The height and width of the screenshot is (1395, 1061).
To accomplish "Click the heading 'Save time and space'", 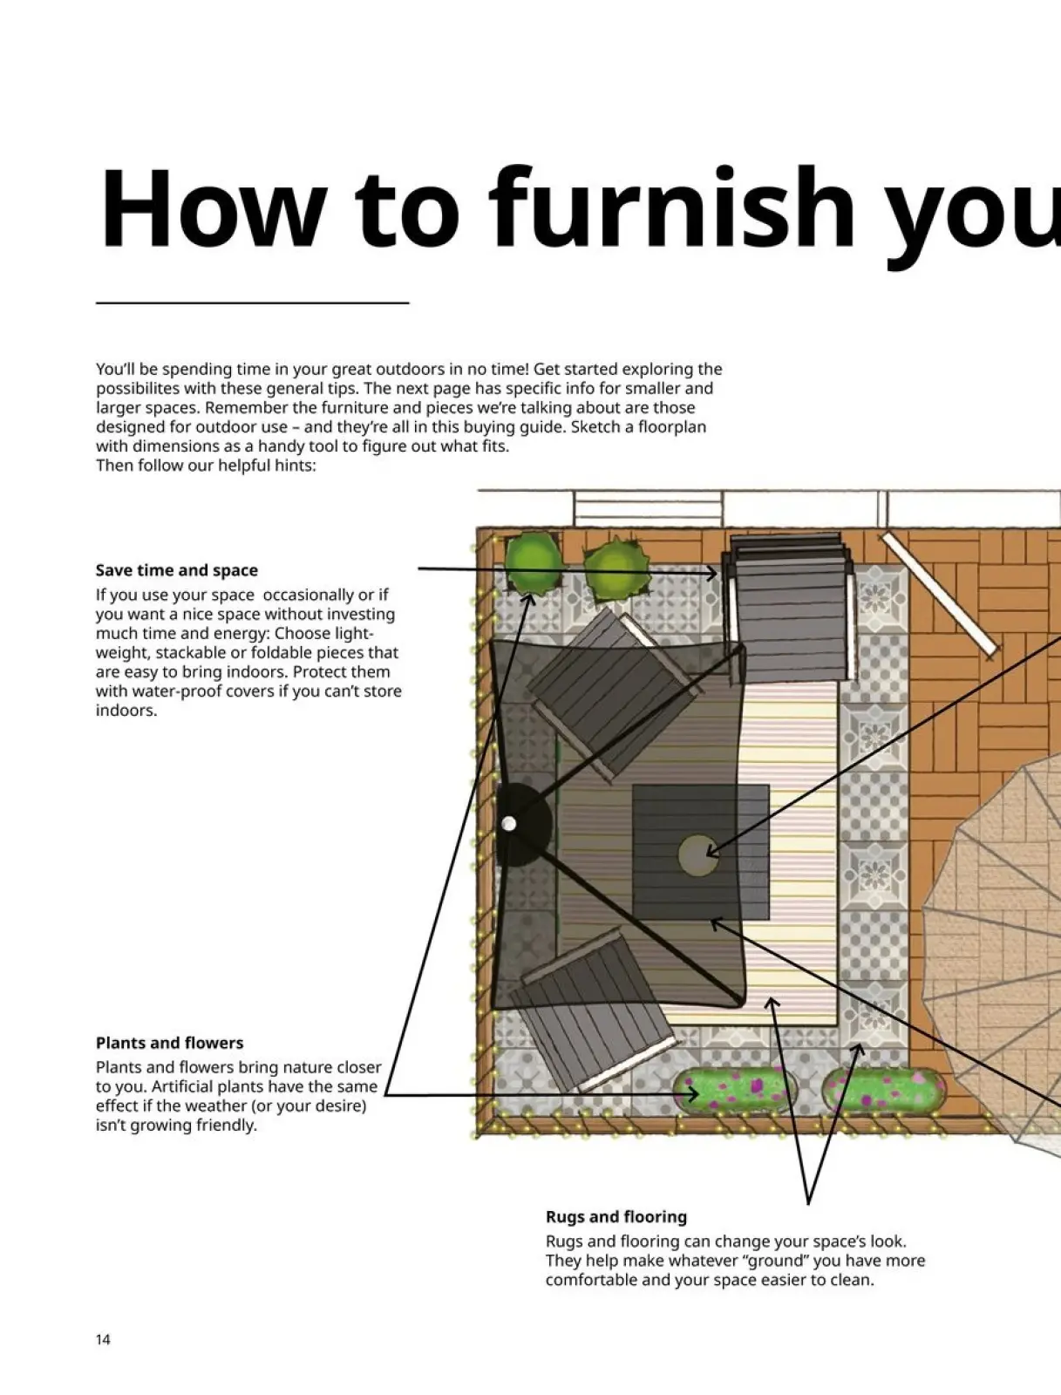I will (x=177, y=570).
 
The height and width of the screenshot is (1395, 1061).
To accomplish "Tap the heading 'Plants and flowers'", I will (x=169, y=1043).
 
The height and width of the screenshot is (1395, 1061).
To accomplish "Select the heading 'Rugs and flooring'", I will (x=616, y=1216).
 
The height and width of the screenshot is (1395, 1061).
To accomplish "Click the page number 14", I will (x=103, y=1339).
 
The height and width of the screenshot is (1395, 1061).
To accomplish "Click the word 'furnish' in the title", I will (x=671, y=209).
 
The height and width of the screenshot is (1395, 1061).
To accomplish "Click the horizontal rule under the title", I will (x=252, y=303).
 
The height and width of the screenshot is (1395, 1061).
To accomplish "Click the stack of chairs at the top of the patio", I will (x=790, y=606).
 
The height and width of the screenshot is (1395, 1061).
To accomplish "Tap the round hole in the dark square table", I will (x=697, y=855).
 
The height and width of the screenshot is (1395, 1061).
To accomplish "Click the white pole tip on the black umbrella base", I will (x=509, y=823).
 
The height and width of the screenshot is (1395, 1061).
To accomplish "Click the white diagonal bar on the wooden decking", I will (x=940, y=593).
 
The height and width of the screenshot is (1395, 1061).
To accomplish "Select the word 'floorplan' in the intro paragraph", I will (x=671, y=427).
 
